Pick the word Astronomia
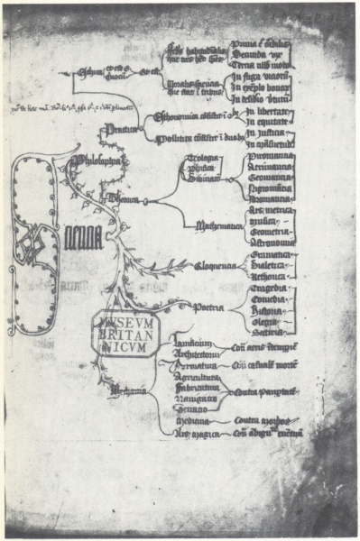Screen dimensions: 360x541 click(268, 243)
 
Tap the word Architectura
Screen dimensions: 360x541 click(192, 353)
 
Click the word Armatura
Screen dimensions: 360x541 click(190, 365)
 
